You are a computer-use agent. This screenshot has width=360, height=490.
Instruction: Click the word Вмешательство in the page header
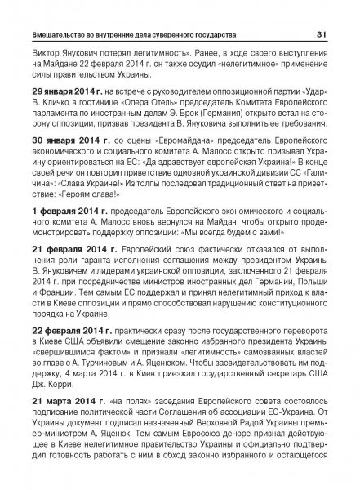pos(61,34)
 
